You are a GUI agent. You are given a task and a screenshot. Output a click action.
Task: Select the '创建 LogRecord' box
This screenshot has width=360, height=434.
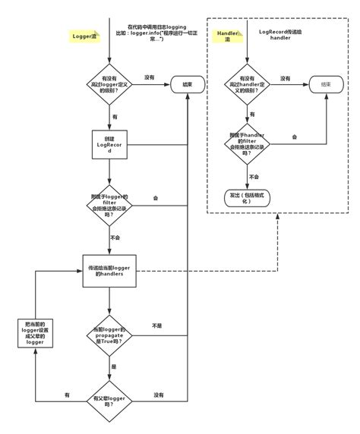coord(111,146)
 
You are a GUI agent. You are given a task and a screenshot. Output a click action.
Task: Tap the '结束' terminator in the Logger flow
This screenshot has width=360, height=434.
coord(186,84)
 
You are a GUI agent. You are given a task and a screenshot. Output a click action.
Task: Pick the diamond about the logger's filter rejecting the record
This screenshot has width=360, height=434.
coord(111,205)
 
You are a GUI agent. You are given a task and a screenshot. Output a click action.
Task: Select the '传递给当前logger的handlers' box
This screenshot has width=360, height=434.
coord(111,272)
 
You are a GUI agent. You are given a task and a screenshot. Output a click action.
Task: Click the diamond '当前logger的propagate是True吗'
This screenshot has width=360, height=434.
coord(111,335)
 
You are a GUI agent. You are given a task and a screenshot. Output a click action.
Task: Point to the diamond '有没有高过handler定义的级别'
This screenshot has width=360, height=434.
coord(248,84)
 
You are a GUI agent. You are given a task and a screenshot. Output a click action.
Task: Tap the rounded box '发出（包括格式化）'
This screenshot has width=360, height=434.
coord(248,197)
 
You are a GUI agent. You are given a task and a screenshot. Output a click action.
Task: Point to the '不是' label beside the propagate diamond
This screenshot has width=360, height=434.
coord(157,325)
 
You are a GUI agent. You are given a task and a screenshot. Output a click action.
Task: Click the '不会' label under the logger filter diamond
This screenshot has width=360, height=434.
coord(115,237)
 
